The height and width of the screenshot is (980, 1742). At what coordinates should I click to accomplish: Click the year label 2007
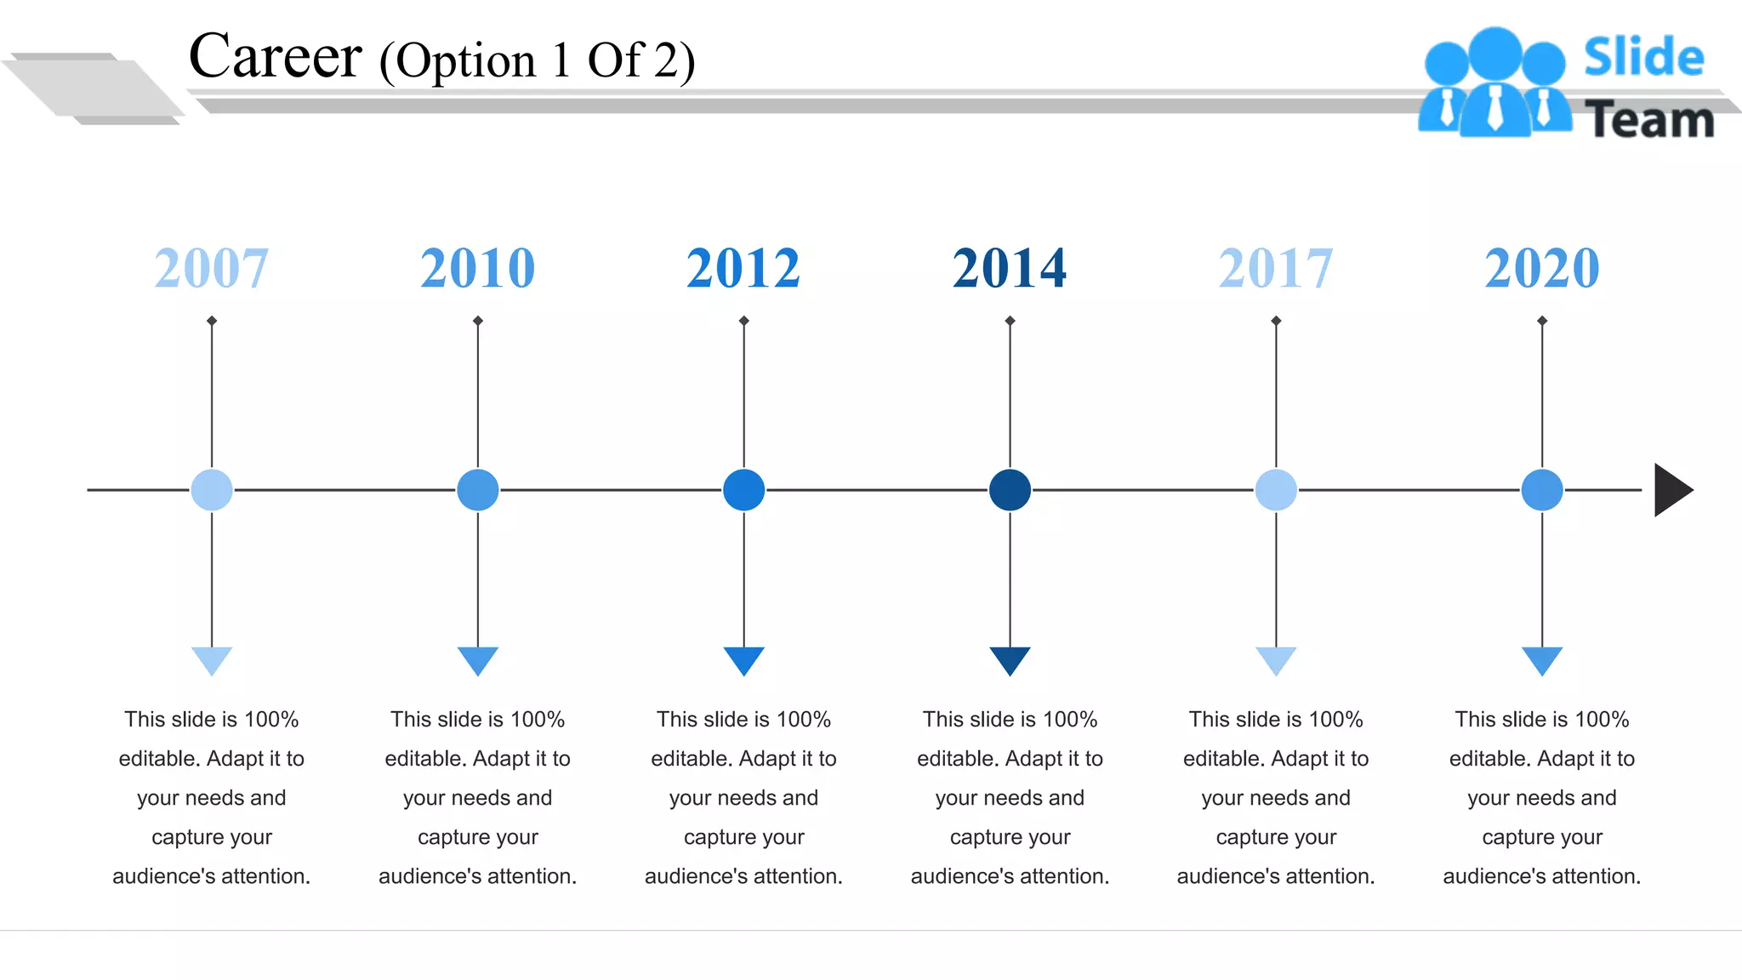tap(212, 268)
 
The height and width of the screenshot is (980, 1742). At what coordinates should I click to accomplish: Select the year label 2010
tap(478, 268)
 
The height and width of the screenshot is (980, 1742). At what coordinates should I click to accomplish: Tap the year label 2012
tap(743, 268)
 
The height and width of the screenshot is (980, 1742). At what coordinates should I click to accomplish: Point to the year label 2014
tap(1010, 268)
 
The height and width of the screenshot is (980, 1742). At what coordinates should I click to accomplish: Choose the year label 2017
tap(1276, 268)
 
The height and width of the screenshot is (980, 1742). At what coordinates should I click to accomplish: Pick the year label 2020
tap(1542, 268)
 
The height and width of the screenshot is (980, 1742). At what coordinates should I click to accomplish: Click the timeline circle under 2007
tap(212, 490)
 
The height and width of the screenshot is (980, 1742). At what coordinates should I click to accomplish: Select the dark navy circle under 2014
tap(1010, 490)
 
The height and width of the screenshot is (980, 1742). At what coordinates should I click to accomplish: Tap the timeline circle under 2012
tap(743, 490)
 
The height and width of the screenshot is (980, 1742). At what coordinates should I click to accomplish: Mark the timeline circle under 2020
tap(1542, 490)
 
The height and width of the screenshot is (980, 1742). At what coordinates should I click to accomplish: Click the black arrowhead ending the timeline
tap(1671, 490)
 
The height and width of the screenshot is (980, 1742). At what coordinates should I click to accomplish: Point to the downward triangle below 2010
tap(478, 659)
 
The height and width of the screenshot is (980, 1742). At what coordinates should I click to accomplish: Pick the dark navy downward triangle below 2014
tap(1010, 659)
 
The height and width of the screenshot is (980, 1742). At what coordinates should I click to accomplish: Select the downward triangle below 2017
tap(1276, 659)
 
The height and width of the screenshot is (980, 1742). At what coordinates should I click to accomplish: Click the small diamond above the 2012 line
tap(743, 321)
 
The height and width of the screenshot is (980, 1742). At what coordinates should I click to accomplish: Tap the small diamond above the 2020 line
tap(1542, 321)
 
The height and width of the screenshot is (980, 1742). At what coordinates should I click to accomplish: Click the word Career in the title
tap(276, 57)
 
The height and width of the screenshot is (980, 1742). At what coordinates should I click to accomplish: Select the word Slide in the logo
tap(1643, 58)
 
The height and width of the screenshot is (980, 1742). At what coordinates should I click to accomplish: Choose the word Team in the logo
tap(1649, 120)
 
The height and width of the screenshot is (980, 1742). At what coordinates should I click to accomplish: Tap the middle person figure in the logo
tap(1494, 85)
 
